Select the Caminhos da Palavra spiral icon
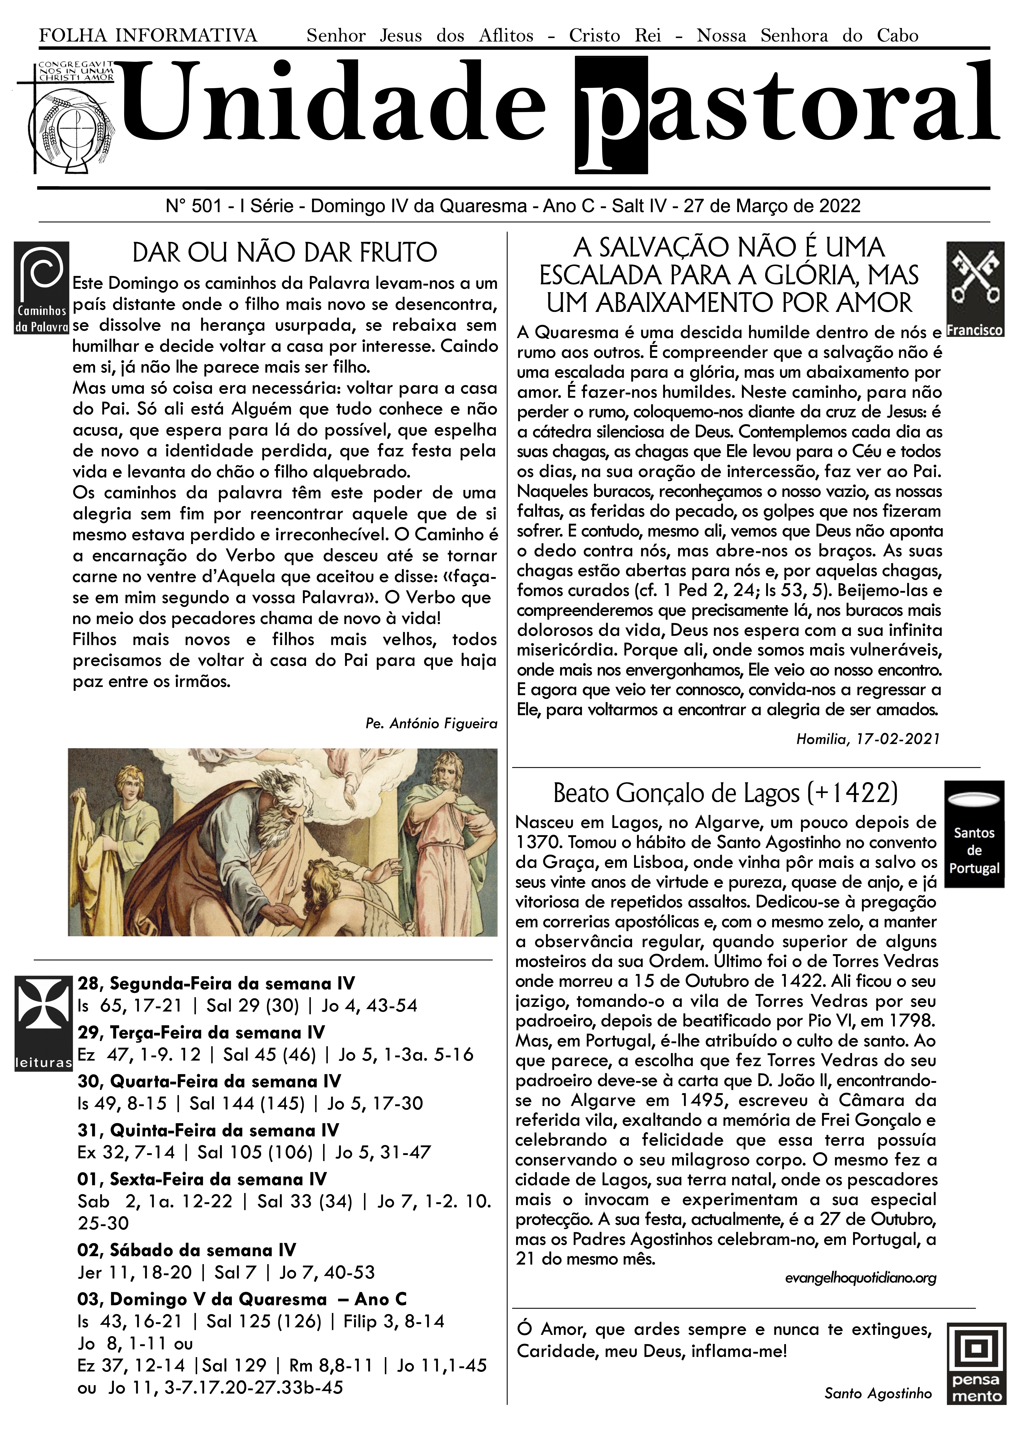[41, 287]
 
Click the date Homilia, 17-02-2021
[868, 739]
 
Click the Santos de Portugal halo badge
[974, 833]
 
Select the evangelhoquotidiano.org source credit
[860, 1278]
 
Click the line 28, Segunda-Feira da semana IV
[216, 984]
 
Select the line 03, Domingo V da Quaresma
[242, 1300]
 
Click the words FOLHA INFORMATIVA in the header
[148, 36]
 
